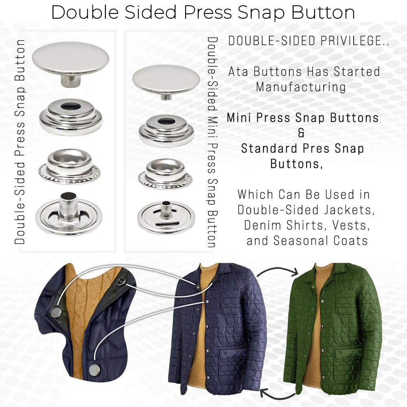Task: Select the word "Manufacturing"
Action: (301, 87)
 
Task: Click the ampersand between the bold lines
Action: (301, 133)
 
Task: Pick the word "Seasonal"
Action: (302, 241)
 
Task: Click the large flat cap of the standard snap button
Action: (71, 57)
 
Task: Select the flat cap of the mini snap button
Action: (166, 79)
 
